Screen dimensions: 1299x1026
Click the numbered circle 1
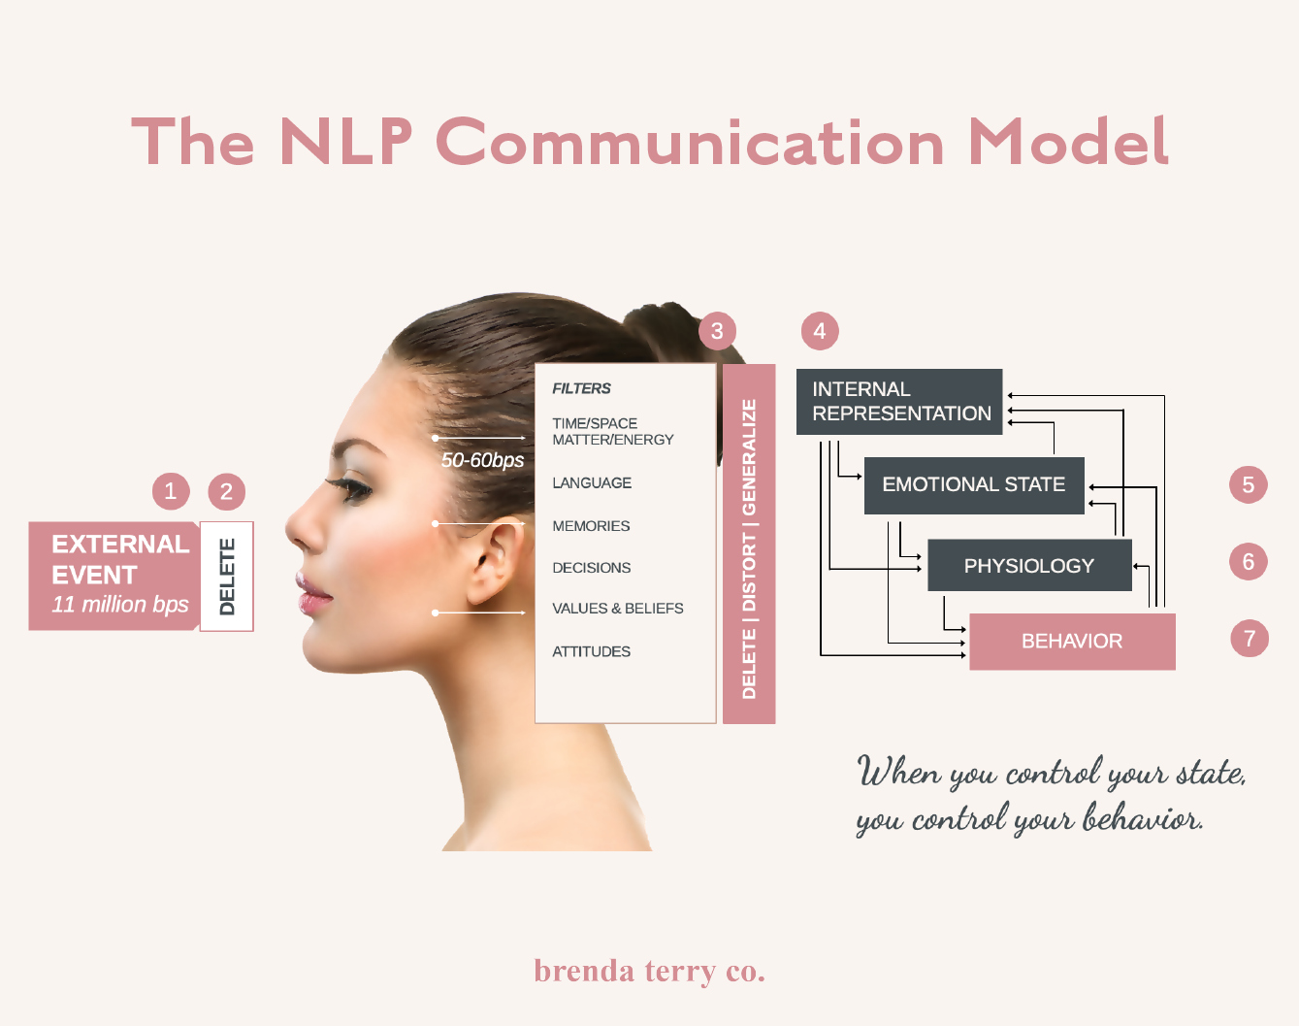click(171, 491)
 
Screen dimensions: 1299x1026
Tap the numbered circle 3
click(717, 331)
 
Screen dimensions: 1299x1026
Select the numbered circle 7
click(1250, 639)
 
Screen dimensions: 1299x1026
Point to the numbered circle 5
click(1249, 484)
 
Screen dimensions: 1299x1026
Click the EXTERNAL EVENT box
click(114, 576)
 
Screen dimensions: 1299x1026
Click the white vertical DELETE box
click(227, 577)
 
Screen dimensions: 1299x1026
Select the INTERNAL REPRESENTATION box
click(899, 402)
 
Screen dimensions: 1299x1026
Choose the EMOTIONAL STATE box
click(974, 484)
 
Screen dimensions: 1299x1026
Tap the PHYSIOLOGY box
click(1029, 566)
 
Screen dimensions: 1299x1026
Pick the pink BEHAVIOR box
click(1072, 642)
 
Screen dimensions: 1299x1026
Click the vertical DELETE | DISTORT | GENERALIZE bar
click(749, 545)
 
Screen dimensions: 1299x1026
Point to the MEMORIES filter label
click(591, 526)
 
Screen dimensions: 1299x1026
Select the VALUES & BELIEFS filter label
click(618, 609)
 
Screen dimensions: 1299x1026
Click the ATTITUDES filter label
click(591, 651)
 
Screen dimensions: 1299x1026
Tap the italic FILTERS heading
click(581, 388)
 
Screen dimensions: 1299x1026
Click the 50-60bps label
click(482, 460)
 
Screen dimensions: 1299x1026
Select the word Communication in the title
click(691, 142)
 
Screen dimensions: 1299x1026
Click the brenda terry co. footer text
click(649, 971)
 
